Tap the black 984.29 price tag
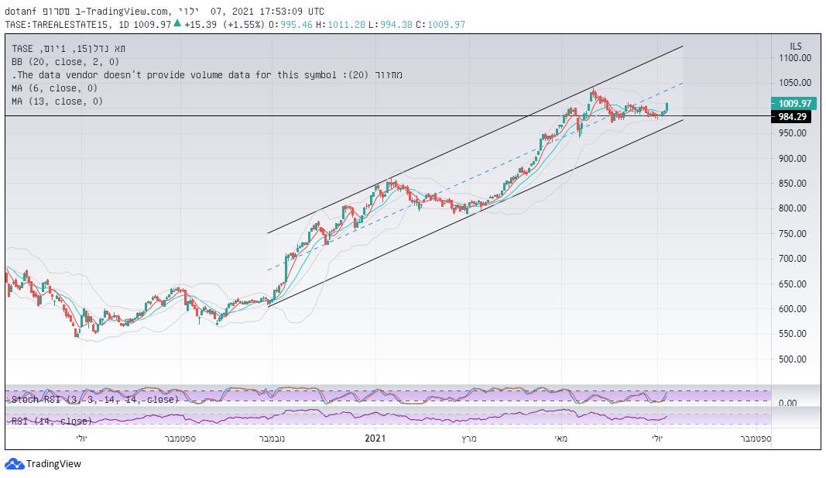(x=791, y=116)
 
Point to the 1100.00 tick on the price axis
(x=795, y=58)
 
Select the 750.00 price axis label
(x=795, y=234)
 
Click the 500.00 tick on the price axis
(x=795, y=359)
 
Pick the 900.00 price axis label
(x=795, y=159)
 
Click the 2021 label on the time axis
(x=375, y=439)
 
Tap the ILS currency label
(x=796, y=46)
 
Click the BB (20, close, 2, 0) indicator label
(x=66, y=61)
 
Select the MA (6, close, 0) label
(x=54, y=88)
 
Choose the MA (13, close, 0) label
(x=57, y=101)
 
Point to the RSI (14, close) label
(x=51, y=421)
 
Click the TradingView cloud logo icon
(x=14, y=463)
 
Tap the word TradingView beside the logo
(x=53, y=464)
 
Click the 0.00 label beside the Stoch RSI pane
(x=788, y=404)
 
